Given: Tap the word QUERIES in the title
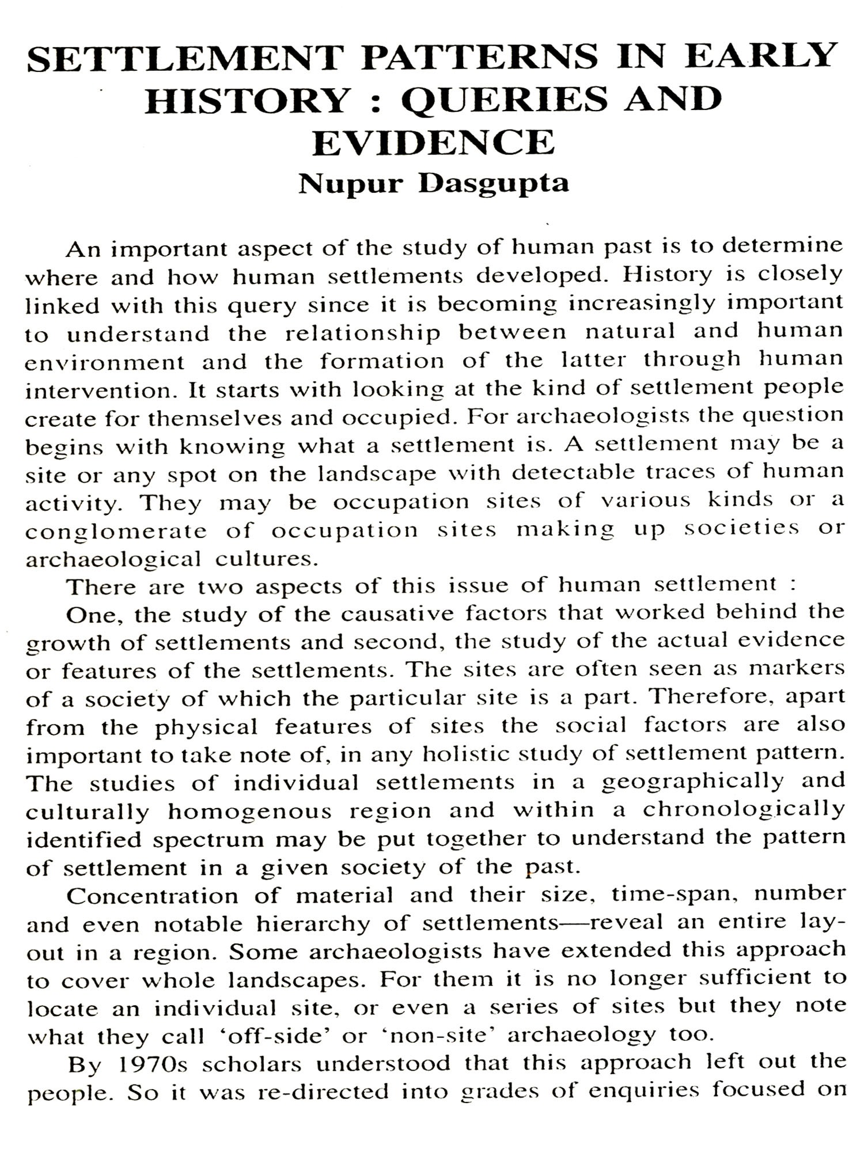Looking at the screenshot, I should point(504,99).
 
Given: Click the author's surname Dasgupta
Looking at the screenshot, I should point(494,184).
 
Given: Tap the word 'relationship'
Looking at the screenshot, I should point(363,333).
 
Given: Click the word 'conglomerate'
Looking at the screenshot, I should point(116,530).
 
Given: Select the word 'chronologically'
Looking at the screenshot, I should point(744,810).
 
